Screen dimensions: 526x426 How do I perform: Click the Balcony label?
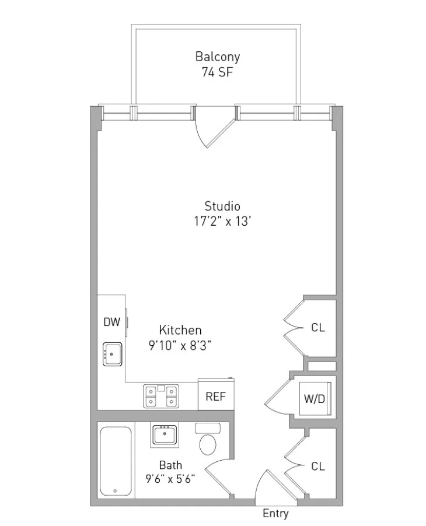pos(217,57)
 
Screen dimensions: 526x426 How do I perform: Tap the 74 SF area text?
pos(217,73)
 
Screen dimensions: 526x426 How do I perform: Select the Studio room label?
pos(222,206)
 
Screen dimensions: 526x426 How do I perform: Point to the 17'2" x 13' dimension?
pos(222,222)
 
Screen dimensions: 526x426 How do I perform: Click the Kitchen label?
pos(180,330)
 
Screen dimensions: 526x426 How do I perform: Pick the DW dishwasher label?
pos(111,322)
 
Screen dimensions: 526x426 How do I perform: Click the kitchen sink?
pos(113,354)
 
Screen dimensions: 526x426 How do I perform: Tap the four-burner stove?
pos(161,396)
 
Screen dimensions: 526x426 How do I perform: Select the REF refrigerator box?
pos(215,397)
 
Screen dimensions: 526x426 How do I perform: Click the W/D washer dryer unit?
pos(314,399)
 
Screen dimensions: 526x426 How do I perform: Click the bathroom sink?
pos(165,434)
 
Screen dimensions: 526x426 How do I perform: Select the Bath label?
pos(170,465)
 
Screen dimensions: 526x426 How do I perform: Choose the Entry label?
pos(275,514)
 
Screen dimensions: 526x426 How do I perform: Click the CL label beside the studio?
pos(317,328)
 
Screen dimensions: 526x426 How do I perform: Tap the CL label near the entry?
pos(317,466)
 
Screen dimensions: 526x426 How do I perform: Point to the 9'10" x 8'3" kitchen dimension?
pos(180,345)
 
